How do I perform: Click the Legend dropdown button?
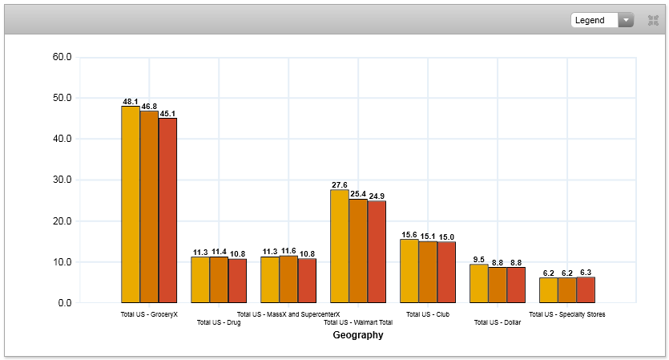click(x=602, y=20)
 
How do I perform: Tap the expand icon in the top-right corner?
click(x=653, y=20)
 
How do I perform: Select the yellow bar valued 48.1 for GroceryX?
click(x=131, y=204)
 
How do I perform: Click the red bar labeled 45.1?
click(x=167, y=211)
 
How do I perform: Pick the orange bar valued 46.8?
click(x=149, y=207)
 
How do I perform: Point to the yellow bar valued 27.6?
click(x=340, y=246)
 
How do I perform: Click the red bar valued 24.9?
click(x=377, y=252)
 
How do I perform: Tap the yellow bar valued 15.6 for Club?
click(x=409, y=271)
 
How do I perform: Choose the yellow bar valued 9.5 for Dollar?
click(x=478, y=284)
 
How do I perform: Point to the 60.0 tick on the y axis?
click(x=62, y=58)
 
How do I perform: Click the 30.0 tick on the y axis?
click(x=62, y=180)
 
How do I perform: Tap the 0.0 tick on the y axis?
click(x=64, y=303)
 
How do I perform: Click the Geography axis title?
click(x=358, y=336)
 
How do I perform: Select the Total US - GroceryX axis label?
click(x=149, y=314)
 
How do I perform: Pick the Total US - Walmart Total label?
click(x=358, y=323)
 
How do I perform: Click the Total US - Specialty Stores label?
click(x=567, y=314)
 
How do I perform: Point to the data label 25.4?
click(x=358, y=194)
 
